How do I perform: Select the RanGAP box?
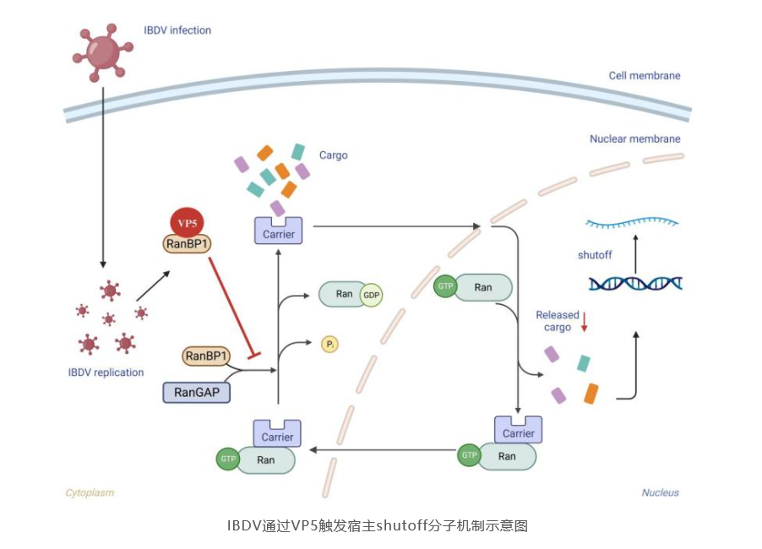coord(196,391)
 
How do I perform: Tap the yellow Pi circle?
coord(329,345)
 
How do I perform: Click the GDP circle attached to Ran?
coord(371,295)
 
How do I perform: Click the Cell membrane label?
coord(644,75)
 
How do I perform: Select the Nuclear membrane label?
coord(634,139)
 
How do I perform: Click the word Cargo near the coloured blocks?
coord(333,155)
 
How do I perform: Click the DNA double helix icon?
coord(635,284)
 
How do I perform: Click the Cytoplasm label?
coord(90,492)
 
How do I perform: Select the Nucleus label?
coord(660,492)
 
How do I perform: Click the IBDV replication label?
coord(106,372)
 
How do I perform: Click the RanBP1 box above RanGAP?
coord(206,356)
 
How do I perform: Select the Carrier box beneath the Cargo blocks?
coord(279,231)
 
